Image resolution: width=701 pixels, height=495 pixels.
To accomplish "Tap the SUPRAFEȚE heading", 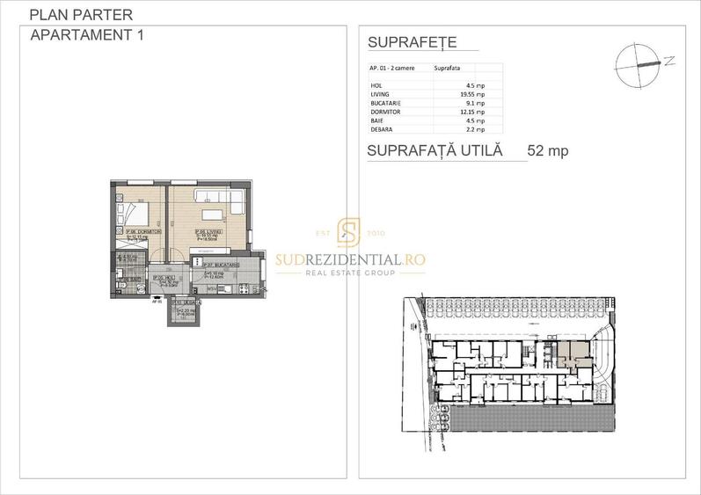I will pyautogui.click(x=411, y=43).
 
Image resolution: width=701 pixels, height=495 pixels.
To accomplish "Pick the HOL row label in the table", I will pyautogui.click(x=377, y=85).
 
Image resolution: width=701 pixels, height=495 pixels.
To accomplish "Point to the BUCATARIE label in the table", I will pyautogui.click(x=386, y=102).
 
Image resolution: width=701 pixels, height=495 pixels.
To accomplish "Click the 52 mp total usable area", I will pyautogui.click(x=547, y=150).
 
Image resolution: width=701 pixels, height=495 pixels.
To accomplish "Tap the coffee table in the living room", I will pyautogui.click(x=212, y=215).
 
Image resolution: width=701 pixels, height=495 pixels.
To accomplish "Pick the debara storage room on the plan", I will pyautogui.click(x=185, y=310).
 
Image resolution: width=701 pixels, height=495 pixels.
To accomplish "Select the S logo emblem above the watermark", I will pyautogui.click(x=350, y=232).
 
